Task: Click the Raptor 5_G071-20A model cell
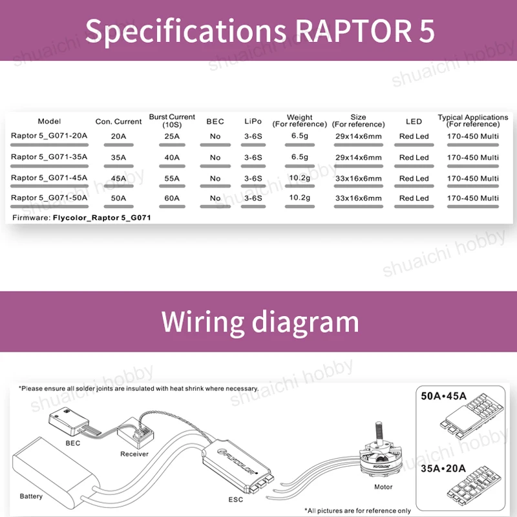coord(49,136)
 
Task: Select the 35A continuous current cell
coord(118,157)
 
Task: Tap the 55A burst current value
coord(172,178)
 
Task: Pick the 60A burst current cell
coord(172,198)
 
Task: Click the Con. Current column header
coord(118,121)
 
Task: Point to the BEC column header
coord(215,121)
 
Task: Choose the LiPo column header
coord(253,121)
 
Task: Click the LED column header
coord(414,121)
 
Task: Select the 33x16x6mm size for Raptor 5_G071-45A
coord(358,178)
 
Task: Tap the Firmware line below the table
coord(81,218)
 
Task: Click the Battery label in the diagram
coord(31,496)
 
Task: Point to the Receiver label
coord(134,454)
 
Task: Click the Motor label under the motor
coord(383,487)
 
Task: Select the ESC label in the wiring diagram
coord(235,500)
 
